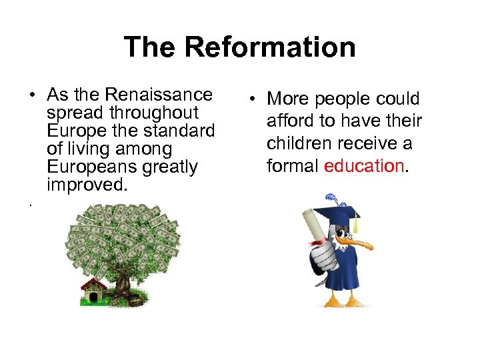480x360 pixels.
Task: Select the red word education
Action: (x=364, y=165)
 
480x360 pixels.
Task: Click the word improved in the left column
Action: (x=86, y=184)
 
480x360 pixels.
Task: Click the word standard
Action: (x=181, y=131)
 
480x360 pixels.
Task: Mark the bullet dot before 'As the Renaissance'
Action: (x=32, y=95)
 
